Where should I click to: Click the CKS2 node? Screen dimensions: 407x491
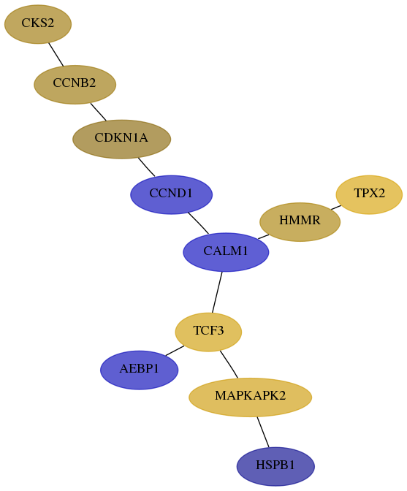[x=38, y=24]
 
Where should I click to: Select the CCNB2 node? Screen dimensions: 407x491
[x=75, y=85]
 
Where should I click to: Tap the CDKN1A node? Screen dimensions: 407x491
[x=121, y=139]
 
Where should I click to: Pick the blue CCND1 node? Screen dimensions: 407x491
[x=171, y=195]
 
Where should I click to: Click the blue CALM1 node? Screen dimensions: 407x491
[x=226, y=252]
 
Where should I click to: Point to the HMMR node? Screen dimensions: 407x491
[x=300, y=222]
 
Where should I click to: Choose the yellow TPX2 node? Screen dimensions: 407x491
[x=369, y=195]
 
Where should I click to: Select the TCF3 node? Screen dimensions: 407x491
[x=208, y=332]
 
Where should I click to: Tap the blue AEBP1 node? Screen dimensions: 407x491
[x=140, y=370]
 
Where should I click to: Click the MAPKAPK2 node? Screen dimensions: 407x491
[x=250, y=397]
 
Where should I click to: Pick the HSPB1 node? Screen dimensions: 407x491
[x=275, y=467]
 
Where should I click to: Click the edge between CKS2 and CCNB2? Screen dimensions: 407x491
[x=56, y=55]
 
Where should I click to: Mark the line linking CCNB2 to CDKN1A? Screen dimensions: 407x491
[x=99, y=112]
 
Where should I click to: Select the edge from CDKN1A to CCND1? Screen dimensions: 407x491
[x=146, y=167]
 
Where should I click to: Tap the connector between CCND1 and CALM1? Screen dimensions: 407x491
[x=199, y=223]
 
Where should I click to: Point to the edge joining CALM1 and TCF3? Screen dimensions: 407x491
[x=217, y=292]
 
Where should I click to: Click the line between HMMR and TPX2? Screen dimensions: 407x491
[x=336, y=208]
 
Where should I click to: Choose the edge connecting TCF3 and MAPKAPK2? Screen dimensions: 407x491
[x=229, y=364]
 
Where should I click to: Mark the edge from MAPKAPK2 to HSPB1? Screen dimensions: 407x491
[x=263, y=432]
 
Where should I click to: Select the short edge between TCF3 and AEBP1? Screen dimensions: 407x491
[x=175, y=351]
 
